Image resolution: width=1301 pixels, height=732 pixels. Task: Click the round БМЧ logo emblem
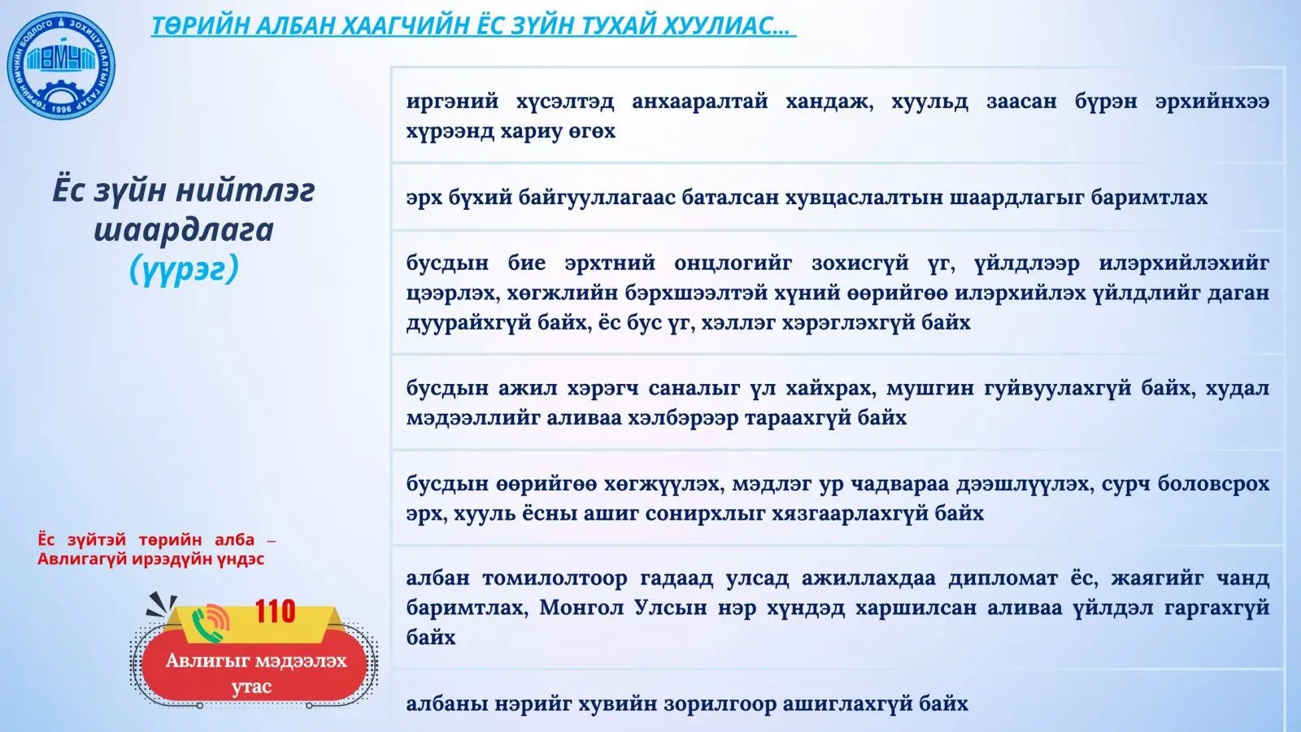pyautogui.click(x=61, y=66)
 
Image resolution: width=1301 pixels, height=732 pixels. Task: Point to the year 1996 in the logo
pyautogui.click(x=61, y=109)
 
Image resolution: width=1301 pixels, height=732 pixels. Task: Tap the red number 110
pyautogui.click(x=276, y=611)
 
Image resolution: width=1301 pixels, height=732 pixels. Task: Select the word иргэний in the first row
pyautogui.click(x=452, y=102)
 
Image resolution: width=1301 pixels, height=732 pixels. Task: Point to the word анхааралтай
pyautogui.click(x=700, y=102)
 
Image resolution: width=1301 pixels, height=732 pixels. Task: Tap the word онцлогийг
pyautogui.click(x=733, y=264)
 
